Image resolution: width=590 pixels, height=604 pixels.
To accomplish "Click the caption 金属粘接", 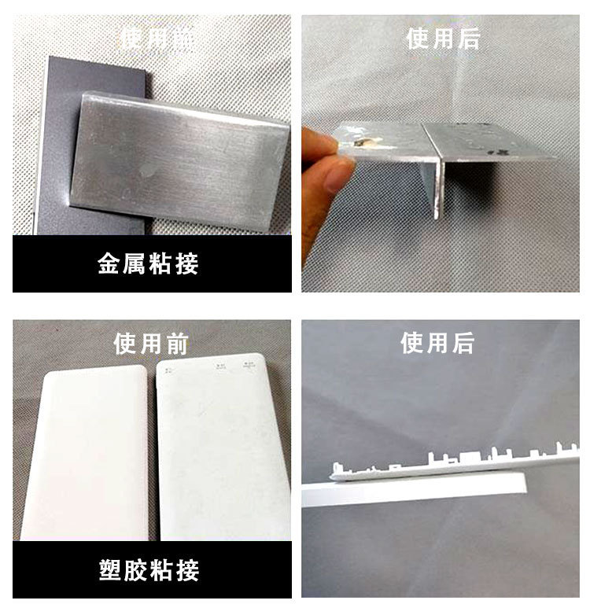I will (149, 263).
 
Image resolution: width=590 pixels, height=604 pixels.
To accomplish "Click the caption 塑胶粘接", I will (149, 569).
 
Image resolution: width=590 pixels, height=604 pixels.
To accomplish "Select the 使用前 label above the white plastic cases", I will (151, 344).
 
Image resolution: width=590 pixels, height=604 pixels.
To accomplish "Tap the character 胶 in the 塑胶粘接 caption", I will (136, 569).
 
